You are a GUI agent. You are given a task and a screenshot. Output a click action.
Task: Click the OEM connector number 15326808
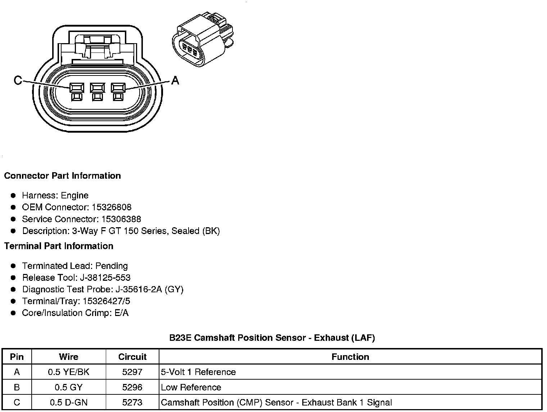112,207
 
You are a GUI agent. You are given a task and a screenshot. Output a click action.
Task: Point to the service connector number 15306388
121,219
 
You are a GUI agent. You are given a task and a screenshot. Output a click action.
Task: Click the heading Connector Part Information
62,176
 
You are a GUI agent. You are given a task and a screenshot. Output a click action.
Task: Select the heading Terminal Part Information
59,246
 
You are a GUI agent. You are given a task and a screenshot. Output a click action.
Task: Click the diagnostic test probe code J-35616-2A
139,289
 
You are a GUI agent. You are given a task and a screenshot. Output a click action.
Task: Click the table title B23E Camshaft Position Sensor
272,338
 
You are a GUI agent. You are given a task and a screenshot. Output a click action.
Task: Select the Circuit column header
132,357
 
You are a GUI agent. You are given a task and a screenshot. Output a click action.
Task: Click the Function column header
350,357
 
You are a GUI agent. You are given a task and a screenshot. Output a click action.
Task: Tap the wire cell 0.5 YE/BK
68,372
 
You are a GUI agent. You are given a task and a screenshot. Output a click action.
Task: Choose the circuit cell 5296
132,388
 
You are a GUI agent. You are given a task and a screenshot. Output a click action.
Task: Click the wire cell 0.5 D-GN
68,403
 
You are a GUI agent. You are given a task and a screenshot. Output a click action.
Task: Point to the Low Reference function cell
191,388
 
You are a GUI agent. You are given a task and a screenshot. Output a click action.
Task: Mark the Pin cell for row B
17,388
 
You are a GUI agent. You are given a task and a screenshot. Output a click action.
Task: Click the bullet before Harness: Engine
13,196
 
